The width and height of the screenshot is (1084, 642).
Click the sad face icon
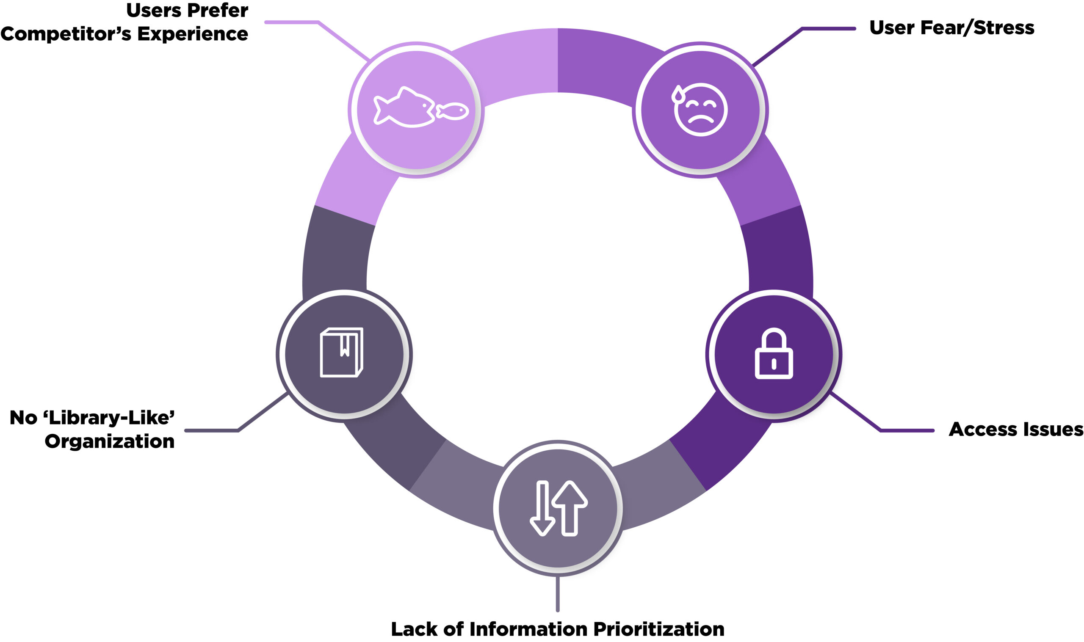click(x=700, y=110)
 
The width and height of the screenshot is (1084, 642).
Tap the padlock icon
click(x=774, y=354)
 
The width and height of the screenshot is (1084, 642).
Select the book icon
click(x=341, y=353)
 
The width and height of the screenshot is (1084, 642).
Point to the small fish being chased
click(x=453, y=111)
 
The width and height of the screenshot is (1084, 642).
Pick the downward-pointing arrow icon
click(x=542, y=508)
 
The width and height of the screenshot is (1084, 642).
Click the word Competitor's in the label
click(x=65, y=34)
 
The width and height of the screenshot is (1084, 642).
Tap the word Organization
click(x=110, y=442)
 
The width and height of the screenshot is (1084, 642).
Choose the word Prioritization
click(x=658, y=629)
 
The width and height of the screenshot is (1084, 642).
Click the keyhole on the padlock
click(x=774, y=364)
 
